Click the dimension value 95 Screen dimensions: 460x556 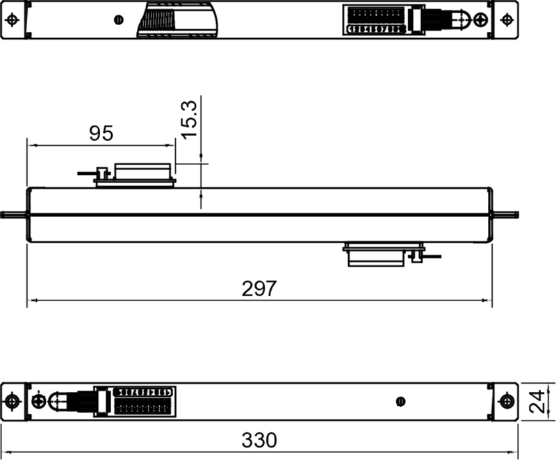click(x=101, y=133)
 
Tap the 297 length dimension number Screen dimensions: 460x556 click(x=259, y=289)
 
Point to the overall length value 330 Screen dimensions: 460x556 click(x=259, y=440)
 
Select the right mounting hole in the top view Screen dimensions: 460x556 click(x=507, y=20)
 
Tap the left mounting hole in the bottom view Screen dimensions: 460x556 click(x=13, y=402)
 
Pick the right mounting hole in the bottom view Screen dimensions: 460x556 click(x=507, y=402)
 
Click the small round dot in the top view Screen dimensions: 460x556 click(x=120, y=20)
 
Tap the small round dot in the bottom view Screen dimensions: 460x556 click(x=400, y=402)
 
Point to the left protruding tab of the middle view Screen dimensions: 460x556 click(x=14, y=215)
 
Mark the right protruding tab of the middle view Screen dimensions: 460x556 click(x=505, y=215)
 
